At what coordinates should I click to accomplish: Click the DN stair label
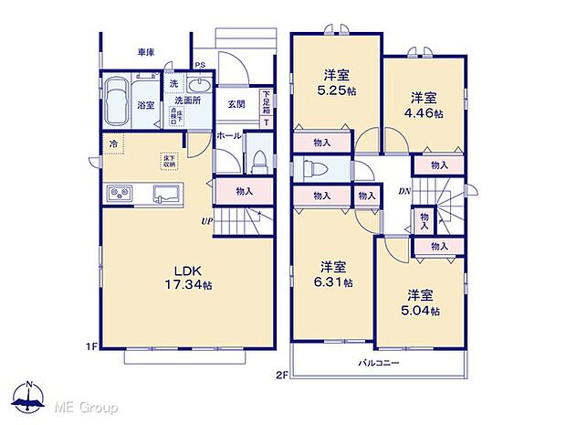coord(403,190)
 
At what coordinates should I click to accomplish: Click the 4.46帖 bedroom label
coord(426,105)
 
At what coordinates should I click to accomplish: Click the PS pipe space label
coord(199,66)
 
